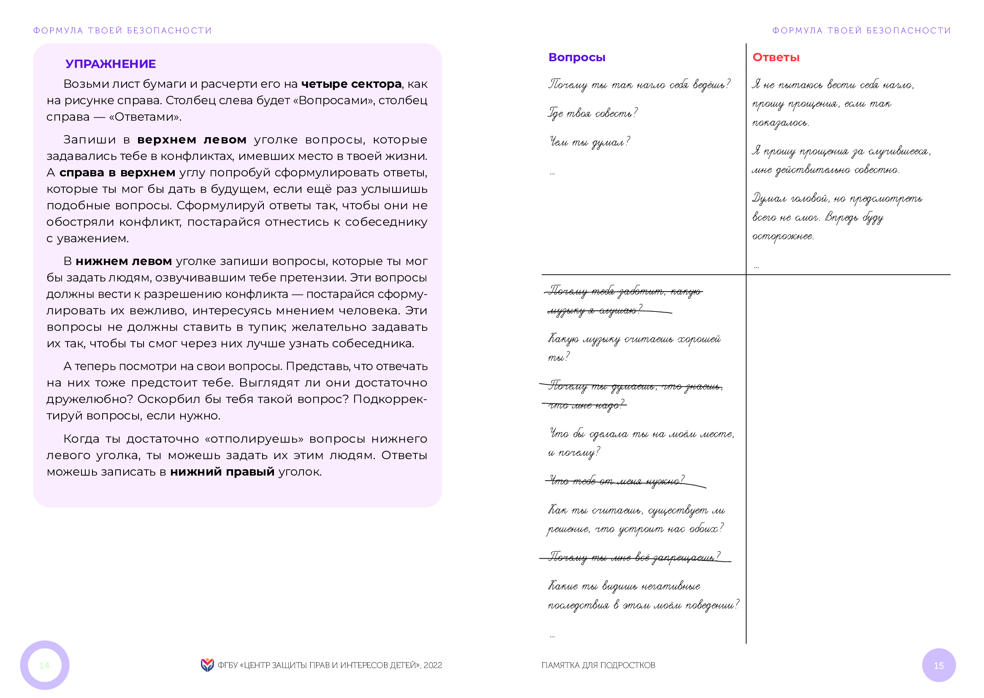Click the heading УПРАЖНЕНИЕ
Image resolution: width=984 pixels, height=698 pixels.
111,64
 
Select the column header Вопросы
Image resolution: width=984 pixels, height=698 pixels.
577,57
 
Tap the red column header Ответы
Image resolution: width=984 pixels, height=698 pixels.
775,57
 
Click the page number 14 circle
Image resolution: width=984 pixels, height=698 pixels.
45,665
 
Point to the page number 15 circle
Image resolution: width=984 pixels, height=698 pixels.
938,666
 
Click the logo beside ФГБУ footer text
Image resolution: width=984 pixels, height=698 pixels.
207,665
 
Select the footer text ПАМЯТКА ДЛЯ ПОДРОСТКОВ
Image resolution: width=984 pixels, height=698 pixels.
598,666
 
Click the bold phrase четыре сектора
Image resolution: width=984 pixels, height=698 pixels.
351,84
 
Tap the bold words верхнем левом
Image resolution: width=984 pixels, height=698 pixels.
192,140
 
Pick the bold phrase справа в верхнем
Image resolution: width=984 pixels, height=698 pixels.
117,173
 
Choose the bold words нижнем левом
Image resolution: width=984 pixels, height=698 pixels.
124,261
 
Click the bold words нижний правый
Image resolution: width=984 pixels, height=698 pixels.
222,472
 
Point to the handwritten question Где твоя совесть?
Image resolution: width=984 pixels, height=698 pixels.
592,114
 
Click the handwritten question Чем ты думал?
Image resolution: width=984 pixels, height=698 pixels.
589,142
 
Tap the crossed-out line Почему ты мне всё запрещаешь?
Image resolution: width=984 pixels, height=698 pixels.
634,557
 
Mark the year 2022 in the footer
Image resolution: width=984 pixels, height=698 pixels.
432,666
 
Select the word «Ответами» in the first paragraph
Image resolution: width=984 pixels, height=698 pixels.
144,117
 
